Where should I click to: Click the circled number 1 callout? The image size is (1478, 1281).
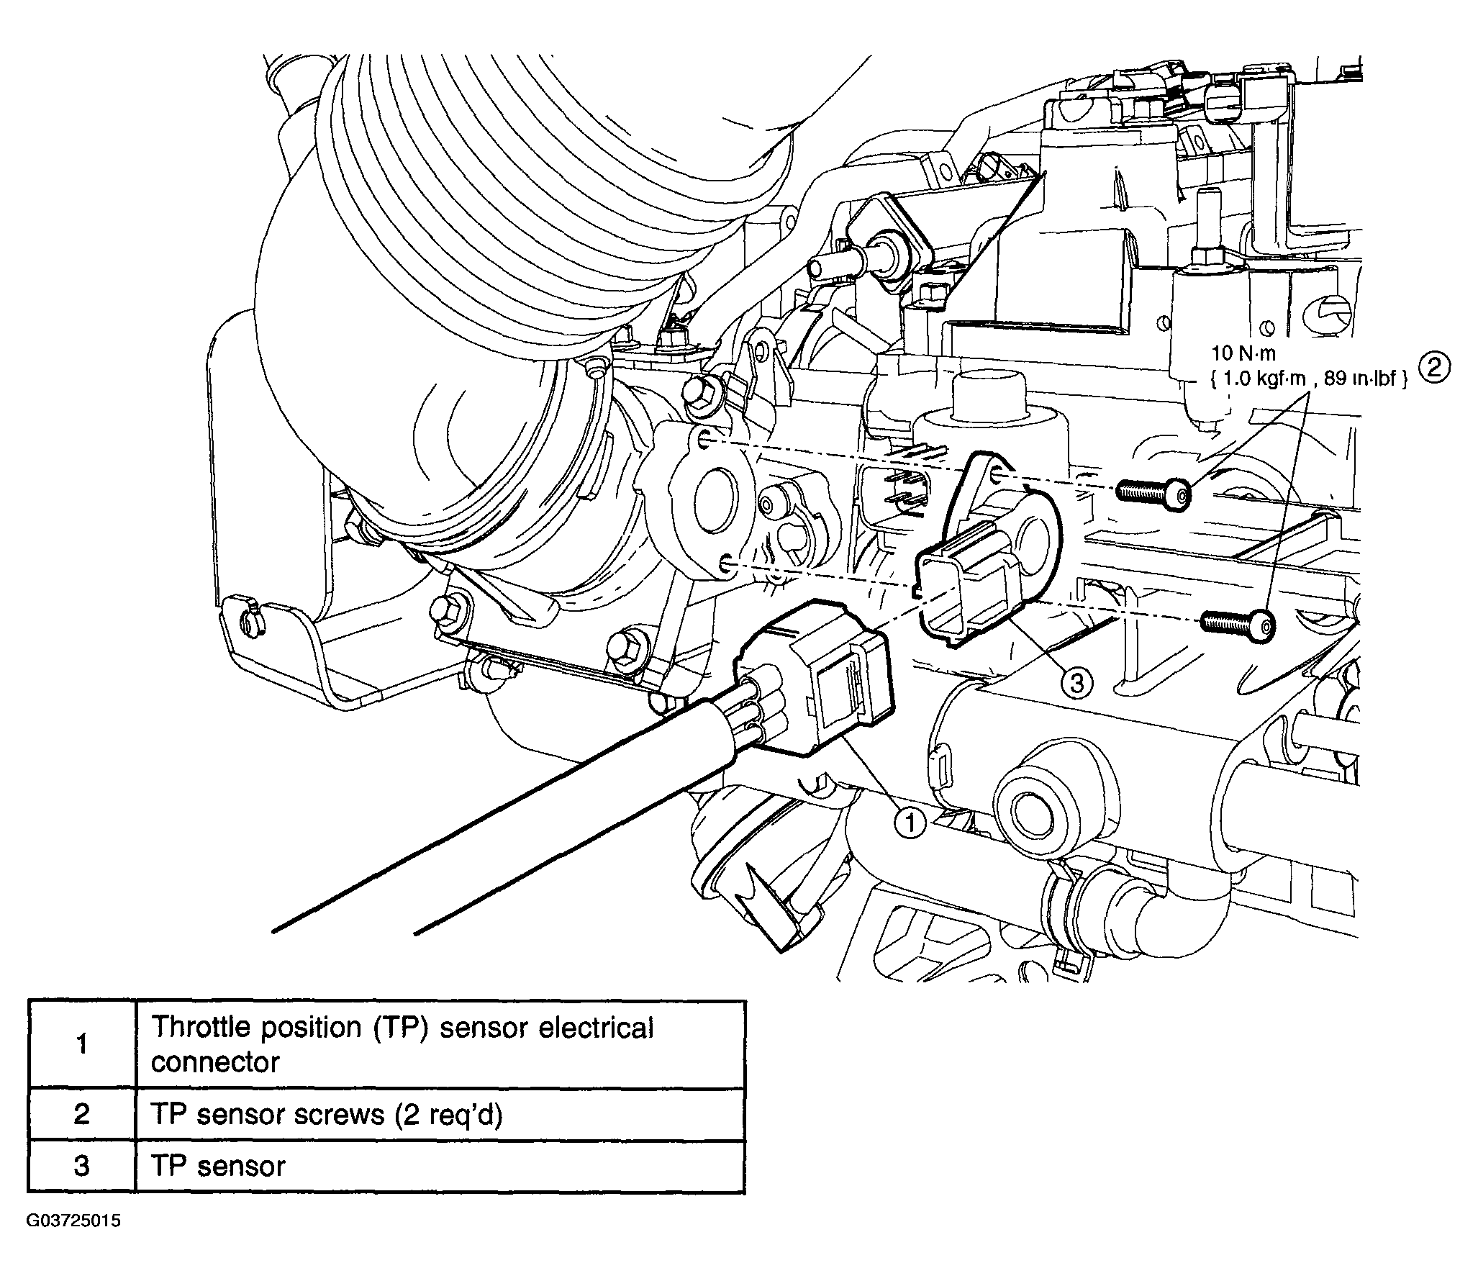910,823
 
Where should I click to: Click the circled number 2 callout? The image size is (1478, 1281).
1433,368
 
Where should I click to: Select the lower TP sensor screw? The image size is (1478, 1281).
1238,620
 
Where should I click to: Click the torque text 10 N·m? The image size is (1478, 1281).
1246,354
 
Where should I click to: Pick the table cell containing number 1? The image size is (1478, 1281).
82,1044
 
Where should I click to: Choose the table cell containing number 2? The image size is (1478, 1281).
82,1114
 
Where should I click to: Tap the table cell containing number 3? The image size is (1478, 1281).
82,1166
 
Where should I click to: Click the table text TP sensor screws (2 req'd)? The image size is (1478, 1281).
327,1114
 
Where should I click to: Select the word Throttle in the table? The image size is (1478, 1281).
200,1027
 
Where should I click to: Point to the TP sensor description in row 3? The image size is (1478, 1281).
219,1166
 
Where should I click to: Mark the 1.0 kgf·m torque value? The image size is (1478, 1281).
1258,379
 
